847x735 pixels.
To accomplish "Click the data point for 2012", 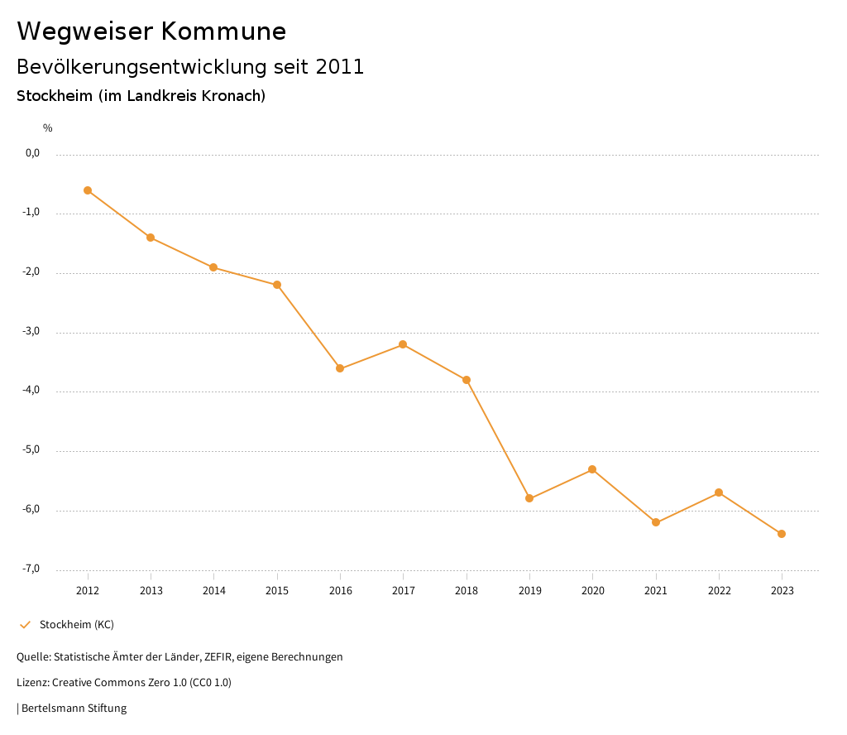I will click(x=88, y=190).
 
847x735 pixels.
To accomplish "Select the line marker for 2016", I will click(x=340, y=368).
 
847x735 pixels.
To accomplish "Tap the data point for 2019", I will click(x=529, y=498).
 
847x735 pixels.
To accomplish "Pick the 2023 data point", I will click(x=782, y=534).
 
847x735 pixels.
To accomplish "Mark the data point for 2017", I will click(x=403, y=344).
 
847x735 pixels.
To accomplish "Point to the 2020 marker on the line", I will click(x=592, y=469).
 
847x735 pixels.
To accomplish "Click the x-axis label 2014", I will click(x=214, y=591).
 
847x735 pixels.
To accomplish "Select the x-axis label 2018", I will click(x=467, y=591).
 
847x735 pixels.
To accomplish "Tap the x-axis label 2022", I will click(x=719, y=591).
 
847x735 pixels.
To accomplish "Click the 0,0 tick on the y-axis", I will click(x=33, y=153).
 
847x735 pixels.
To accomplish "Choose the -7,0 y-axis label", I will click(x=32, y=569).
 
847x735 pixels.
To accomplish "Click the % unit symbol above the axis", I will click(x=48, y=128).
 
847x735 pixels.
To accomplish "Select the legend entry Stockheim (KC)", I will click(x=76, y=625).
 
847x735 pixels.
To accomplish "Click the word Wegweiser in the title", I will click(x=84, y=31).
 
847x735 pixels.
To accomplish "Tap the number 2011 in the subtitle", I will click(x=340, y=67).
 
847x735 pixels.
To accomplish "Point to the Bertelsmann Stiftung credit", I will click(x=74, y=709).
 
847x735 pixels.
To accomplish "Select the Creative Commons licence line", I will click(x=124, y=683).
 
